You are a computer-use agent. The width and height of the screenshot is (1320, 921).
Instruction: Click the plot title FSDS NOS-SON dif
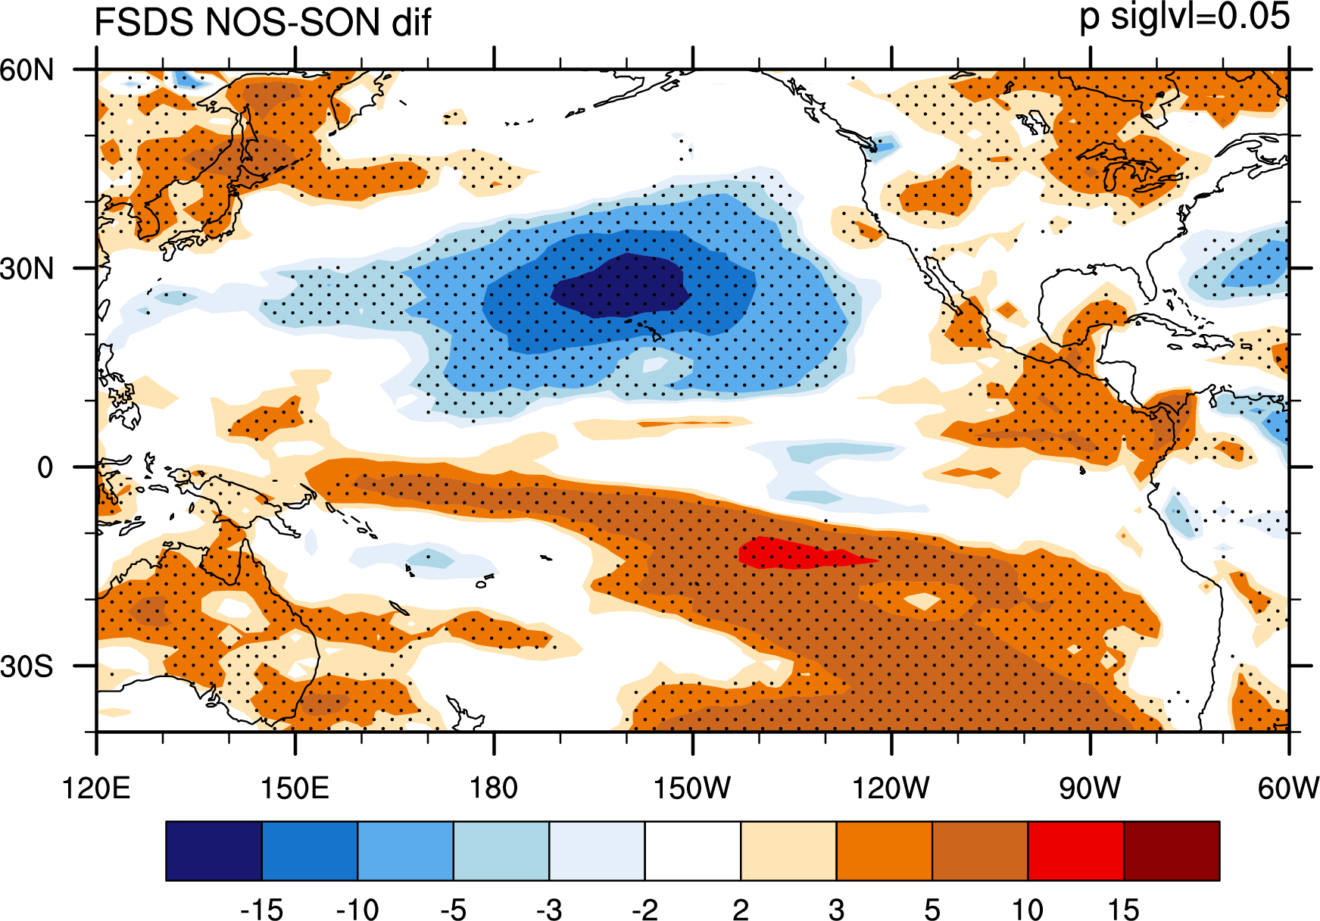pyautogui.click(x=262, y=21)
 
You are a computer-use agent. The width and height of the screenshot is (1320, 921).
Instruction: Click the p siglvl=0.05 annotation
pyautogui.click(x=1184, y=17)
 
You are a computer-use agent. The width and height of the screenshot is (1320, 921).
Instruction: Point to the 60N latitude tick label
pyautogui.click(x=27, y=70)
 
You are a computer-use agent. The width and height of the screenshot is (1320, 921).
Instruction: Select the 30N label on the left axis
pyautogui.click(x=27, y=268)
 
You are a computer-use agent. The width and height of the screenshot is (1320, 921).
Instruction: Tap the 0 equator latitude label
pyautogui.click(x=45, y=467)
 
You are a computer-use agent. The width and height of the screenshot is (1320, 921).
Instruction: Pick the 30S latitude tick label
pyautogui.click(x=27, y=667)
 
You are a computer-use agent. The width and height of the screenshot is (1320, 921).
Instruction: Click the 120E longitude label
pyautogui.click(x=96, y=788)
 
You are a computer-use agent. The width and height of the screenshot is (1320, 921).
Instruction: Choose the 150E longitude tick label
pyautogui.click(x=295, y=788)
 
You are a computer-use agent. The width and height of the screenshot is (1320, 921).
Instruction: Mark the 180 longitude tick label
pyautogui.click(x=494, y=788)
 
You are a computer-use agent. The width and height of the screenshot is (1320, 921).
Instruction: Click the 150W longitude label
pyautogui.click(x=692, y=788)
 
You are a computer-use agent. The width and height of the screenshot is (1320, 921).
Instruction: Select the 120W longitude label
pyautogui.click(x=891, y=788)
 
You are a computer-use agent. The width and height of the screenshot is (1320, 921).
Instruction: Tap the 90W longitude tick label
pyautogui.click(x=1090, y=788)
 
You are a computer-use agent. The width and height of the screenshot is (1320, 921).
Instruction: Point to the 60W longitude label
pyautogui.click(x=1288, y=788)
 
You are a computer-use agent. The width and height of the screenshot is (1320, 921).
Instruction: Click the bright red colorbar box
pyautogui.click(x=1076, y=851)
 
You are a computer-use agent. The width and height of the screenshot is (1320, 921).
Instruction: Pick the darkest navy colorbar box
pyautogui.click(x=214, y=851)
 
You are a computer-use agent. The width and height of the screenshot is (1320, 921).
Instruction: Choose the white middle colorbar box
pyautogui.click(x=693, y=851)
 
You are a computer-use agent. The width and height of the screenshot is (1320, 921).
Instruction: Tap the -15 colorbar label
pyautogui.click(x=261, y=909)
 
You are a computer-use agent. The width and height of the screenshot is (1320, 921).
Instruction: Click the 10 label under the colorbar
pyautogui.click(x=1028, y=909)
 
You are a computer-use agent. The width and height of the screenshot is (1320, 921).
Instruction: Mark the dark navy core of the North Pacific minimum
pyautogui.click(x=619, y=285)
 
